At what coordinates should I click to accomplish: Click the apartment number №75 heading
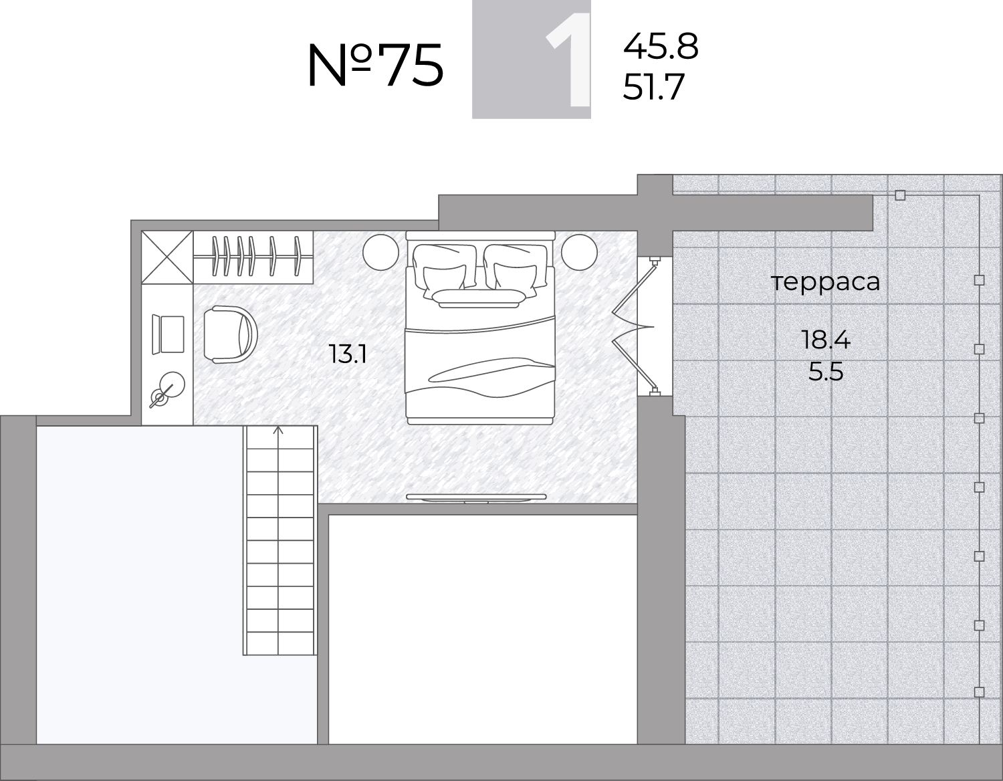click(x=375, y=65)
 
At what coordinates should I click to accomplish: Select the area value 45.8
click(x=661, y=47)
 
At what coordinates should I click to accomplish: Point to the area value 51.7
click(x=653, y=87)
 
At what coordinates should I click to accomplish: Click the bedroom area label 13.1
click(x=348, y=354)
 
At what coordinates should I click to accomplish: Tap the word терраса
click(x=825, y=282)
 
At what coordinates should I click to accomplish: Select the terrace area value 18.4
click(x=826, y=340)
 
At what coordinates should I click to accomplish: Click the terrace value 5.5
click(x=826, y=372)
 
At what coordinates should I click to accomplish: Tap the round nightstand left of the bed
click(x=380, y=252)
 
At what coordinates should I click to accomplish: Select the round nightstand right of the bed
click(x=579, y=252)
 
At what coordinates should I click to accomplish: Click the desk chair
click(x=230, y=334)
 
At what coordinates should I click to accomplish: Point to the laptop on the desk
click(x=168, y=334)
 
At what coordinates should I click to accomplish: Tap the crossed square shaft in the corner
click(x=167, y=257)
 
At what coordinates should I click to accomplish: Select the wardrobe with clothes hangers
click(x=253, y=257)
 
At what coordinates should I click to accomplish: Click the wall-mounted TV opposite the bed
click(x=476, y=497)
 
